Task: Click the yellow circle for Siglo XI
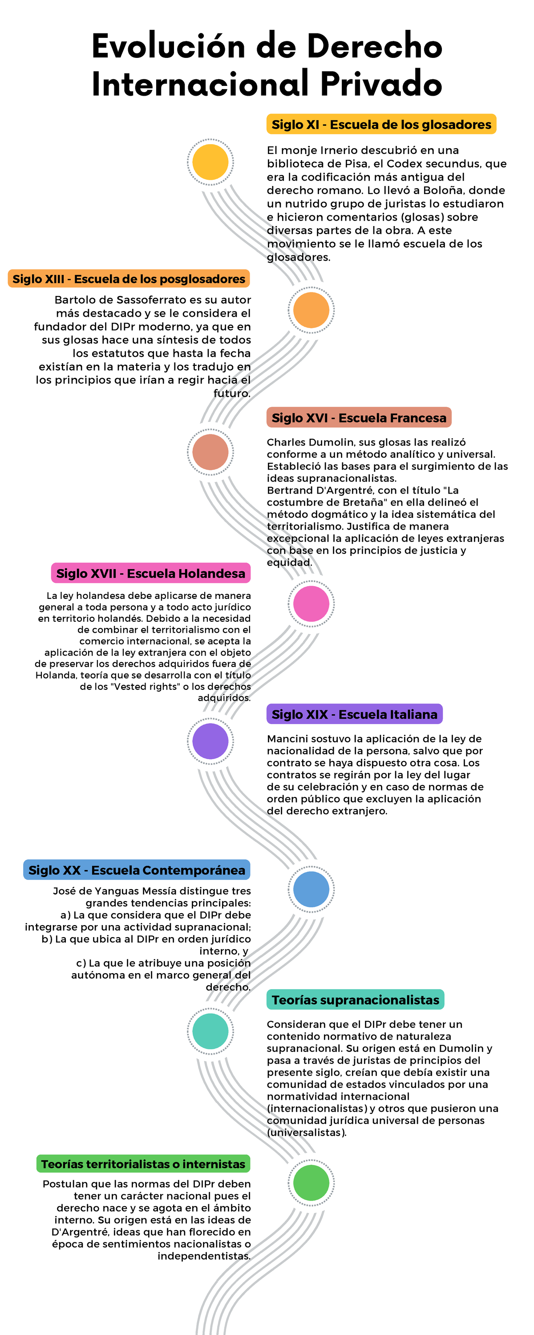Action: pyautogui.click(x=210, y=162)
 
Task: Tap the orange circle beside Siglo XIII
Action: pyautogui.click(x=311, y=310)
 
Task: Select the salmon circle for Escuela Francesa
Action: pyautogui.click(x=210, y=452)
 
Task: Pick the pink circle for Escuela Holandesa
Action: pyautogui.click(x=311, y=604)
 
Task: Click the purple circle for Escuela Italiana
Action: pyautogui.click(x=210, y=741)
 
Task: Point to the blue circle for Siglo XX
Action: pyautogui.click(x=311, y=889)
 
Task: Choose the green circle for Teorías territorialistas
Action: pyautogui.click(x=311, y=1183)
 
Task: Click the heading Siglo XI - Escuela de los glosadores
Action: pyautogui.click(x=381, y=125)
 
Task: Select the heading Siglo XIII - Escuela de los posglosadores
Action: pyautogui.click(x=129, y=279)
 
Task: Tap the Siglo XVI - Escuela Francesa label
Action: pyautogui.click(x=359, y=418)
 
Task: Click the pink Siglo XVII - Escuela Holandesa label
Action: pyautogui.click(x=150, y=573)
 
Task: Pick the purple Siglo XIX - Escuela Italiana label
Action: pyautogui.click(x=355, y=714)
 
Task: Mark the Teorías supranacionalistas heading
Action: pyautogui.click(x=355, y=1000)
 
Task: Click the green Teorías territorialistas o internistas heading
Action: pyautogui.click(x=143, y=1164)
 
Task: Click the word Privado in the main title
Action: pyautogui.click(x=381, y=84)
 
